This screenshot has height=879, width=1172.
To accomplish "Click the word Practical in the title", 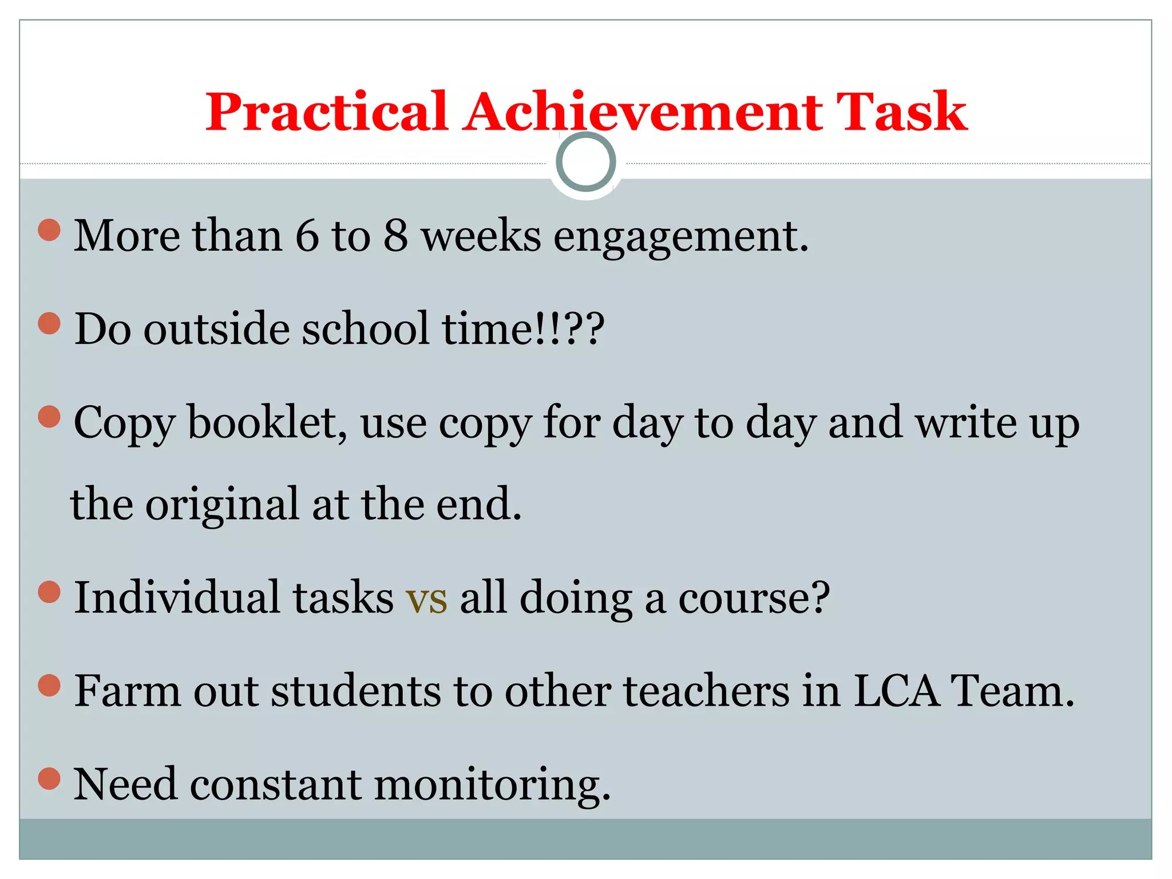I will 326,112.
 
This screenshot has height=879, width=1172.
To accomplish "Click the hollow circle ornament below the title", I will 585,162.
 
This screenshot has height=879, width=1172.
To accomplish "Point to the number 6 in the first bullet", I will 307,235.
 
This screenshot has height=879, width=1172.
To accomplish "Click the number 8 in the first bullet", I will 395,235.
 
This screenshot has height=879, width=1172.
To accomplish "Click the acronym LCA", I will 896,691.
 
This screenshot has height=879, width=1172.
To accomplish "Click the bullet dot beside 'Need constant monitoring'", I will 49,778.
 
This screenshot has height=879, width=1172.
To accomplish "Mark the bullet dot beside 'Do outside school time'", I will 49,323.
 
